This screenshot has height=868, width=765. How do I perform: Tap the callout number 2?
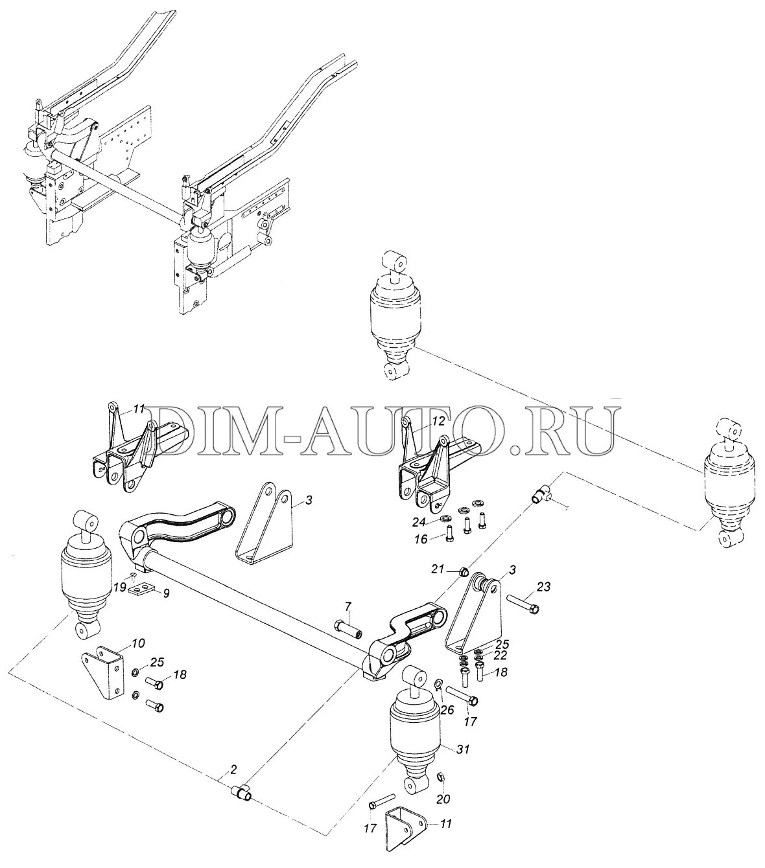[x=233, y=770]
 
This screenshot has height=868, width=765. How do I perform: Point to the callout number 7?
[x=347, y=606]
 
